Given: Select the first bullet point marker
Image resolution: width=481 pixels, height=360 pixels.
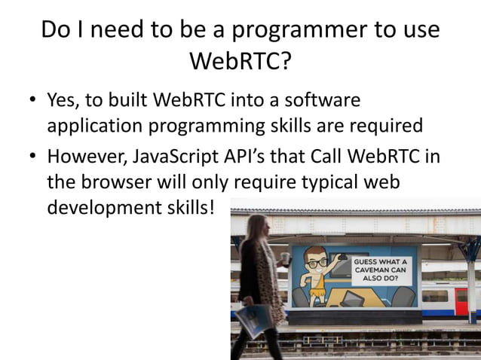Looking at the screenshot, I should [33, 100].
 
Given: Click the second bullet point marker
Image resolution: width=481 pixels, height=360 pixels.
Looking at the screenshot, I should [33, 160].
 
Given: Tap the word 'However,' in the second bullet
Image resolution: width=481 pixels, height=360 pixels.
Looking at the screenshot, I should [85, 159].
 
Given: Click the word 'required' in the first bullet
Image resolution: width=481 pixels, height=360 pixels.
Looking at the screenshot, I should [381, 124].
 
